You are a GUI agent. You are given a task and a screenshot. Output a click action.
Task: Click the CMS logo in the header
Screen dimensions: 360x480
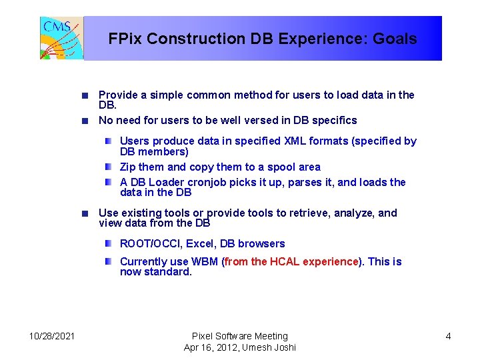click(x=61, y=38)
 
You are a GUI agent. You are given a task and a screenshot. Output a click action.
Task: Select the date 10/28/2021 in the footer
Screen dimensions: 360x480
click(x=52, y=336)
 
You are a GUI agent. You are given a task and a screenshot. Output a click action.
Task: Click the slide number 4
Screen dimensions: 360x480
click(x=448, y=336)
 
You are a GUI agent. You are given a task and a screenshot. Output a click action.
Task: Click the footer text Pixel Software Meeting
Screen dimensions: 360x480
click(x=239, y=336)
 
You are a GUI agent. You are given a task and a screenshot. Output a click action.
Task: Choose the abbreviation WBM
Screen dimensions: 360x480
click(x=205, y=261)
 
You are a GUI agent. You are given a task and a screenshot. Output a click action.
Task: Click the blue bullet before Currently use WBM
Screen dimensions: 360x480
click(x=109, y=261)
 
